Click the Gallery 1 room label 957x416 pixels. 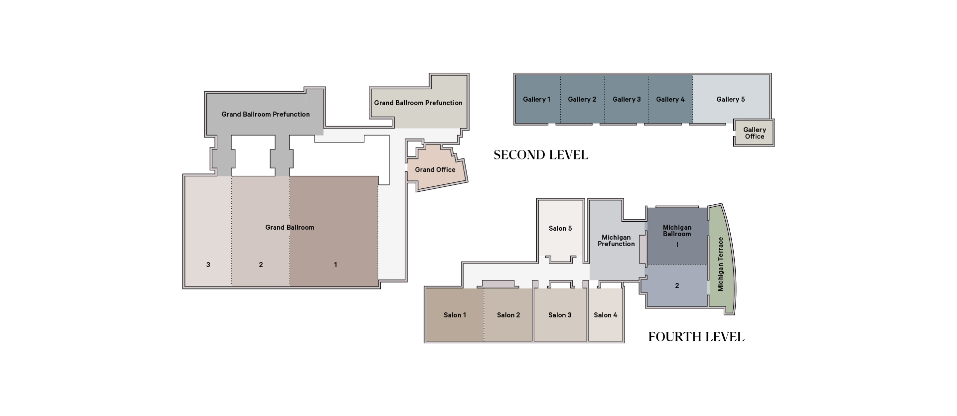pyautogui.click(x=536, y=99)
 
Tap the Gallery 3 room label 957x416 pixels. pyautogui.click(x=627, y=99)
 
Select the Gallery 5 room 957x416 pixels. pyautogui.click(x=731, y=99)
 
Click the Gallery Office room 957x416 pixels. pyautogui.click(x=754, y=133)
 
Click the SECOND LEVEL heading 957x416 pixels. pyautogui.click(x=541, y=155)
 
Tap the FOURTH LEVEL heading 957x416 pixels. pyautogui.click(x=696, y=337)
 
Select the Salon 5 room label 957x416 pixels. pyautogui.click(x=560, y=228)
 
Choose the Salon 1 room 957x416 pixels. pyautogui.click(x=455, y=315)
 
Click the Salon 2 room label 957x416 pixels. pyautogui.click(x=508, y=315)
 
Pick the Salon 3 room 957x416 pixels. pyautogui.click(x=560, y=315)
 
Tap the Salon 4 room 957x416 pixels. pyautogui.click(x=606, y=315)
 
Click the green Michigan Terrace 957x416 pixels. pyautogui.click(x=721, y=259)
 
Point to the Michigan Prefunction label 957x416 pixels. pyautogui.click(x=616, y=241)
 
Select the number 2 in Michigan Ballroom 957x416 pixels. pyautogui.click(x=677, y=285)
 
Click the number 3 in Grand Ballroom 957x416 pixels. pyautogui.click(x=208, y=265)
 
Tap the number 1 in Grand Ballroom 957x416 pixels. pyautogui.click(x=335, y=265)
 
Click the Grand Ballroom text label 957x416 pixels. pyautogui.click(x=290, y=227)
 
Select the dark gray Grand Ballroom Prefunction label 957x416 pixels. pyautogui.click(x=266, y=114)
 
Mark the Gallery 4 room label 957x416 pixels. pyautogui.click(x=670, y=99)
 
